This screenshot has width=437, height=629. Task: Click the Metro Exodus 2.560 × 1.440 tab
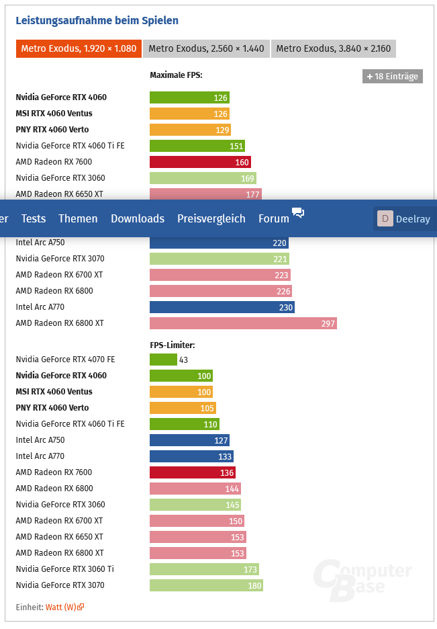pyautogui.click(x=206, y=49)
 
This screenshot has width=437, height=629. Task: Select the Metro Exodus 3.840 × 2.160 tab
pyautogui.click(x=334, y=49)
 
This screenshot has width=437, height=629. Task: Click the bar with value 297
pyautogui.click(x=243, y=323)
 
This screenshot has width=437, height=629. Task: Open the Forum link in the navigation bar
pyautogui.click(x=274, y=218)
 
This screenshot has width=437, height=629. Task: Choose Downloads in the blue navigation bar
pyautogui.click(x=138, y=218)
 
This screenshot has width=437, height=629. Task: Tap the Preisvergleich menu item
pyautogui.click(x=211, y=218)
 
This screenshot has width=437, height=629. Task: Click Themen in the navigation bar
pyautogui.click(x=78, y=218)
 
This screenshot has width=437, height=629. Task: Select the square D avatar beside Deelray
pyautogui.click(x=385, y=218)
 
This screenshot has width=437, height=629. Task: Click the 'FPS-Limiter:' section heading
pyautogui.click(x=172, y=345)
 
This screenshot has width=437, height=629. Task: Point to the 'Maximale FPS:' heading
pyautogui.click(x=176, y=75)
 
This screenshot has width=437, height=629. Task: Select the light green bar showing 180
pyautogui.click(x=206, y=585)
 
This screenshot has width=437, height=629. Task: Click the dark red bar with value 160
pyautogui.click(x=200, y=162)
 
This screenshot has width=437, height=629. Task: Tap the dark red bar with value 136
pyautogui.click(x=193, y=472)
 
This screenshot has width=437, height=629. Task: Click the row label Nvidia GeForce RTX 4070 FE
pyautogui.click(x=65, y=360)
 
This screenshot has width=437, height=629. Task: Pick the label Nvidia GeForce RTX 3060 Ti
pyautogui.click(x=64, y=569)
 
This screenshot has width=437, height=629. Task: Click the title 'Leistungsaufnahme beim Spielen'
pyautogui.click(x=97, y=20)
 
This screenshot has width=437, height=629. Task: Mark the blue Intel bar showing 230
pyautogui.click(x=222, y=307)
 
